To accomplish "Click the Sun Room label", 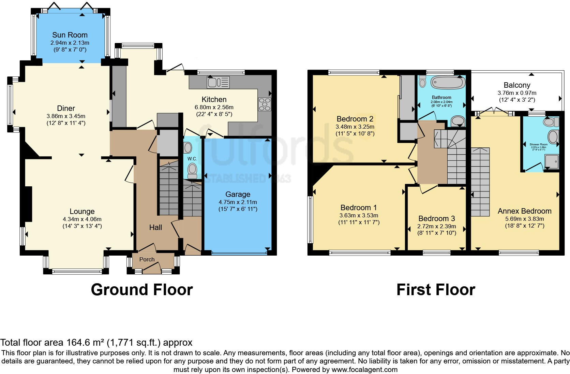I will point(70,35).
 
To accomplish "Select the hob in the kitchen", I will point(265,104).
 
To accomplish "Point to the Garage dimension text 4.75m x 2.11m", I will point(238,202).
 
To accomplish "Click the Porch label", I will point(147,259).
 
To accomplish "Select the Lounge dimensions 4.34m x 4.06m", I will point(82,219).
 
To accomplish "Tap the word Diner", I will point(66,108).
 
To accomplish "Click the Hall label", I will point(155,227).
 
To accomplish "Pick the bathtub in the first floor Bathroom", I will point(447,82).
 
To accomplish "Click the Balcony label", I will point(517,85).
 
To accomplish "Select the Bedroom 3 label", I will point(436,218).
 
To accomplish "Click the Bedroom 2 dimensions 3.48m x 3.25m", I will point(355,126).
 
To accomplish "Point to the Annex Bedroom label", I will point(524,211).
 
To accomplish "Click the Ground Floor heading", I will point(142,290).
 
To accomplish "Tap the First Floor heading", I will point(435,290).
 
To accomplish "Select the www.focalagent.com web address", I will point(364,369).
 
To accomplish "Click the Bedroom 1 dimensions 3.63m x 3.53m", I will point(359,215).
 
